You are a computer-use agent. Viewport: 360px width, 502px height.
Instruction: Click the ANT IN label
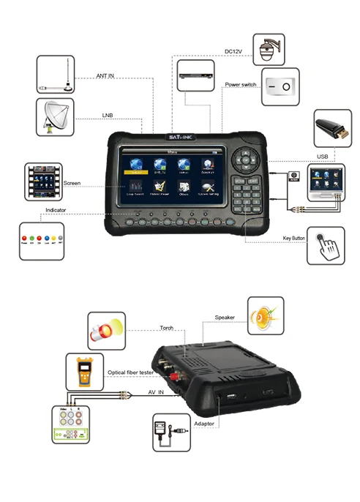click(107, 75)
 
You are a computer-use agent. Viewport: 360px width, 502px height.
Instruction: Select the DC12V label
click(234, 51)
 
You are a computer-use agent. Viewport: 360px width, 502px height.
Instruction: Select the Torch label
click(167, 328)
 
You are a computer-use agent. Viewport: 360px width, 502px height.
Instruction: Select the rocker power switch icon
click(282, 86)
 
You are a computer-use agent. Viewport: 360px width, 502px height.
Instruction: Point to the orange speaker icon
click(266, 315)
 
